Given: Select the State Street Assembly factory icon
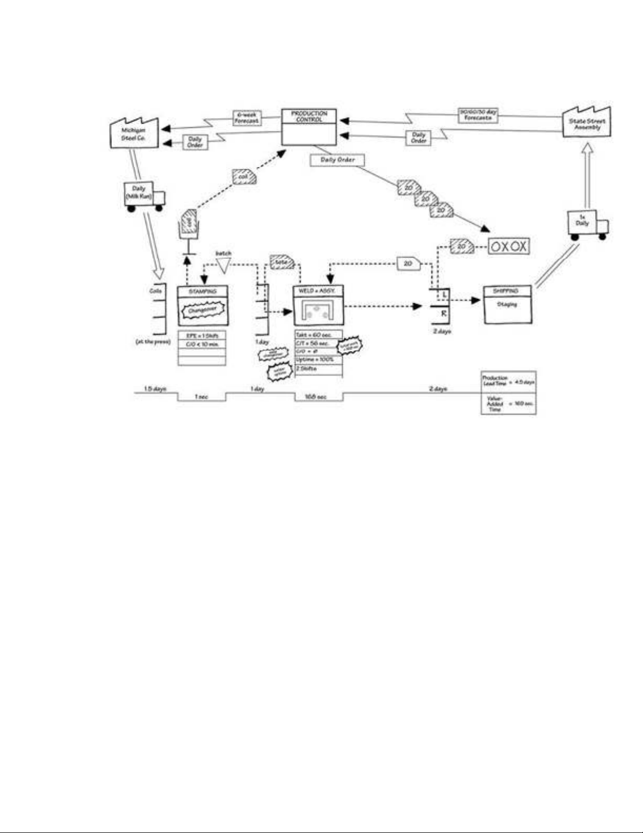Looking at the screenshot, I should [x=587, y=124].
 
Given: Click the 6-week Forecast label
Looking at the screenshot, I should [x=247, y=117].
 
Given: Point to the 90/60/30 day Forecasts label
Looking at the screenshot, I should [x=478, y=115].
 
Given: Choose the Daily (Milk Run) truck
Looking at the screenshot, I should [x=143, y=196].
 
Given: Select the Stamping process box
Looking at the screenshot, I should [x=203, y=306].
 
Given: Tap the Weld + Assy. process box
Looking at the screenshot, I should [x=318, y=305].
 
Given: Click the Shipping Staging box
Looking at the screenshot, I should [x=507, y=305].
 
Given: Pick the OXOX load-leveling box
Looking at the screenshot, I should [x=508, y=246].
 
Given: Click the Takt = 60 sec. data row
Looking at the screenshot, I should [x=319, y=335].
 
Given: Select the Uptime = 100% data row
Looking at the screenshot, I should [x=319, y=359].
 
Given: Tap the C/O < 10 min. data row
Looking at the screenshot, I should [x=202, y=344].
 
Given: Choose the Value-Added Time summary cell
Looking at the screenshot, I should [x=508, y=404].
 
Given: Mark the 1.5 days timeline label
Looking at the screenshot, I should [x=155, y=389].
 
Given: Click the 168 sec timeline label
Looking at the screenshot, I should [x=316, y=397].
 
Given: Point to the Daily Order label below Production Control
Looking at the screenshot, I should [x=338, y=160].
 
